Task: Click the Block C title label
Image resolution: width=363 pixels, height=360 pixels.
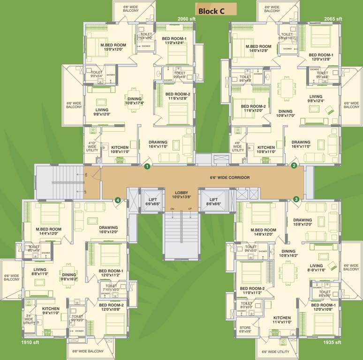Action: [x=215, y=10]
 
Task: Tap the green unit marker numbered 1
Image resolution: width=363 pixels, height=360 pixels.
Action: [x=147, y=166]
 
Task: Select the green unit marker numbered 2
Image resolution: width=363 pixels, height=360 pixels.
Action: [x=294, y=165]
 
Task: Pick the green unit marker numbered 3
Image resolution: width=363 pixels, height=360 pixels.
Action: [x=296, y=199]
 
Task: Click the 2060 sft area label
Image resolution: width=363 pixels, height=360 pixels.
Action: [x=186, y=19]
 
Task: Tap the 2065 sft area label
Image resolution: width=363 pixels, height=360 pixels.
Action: [x=333, y=19]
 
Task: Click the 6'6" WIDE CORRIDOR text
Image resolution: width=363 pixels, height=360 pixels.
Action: [x=229, y=178]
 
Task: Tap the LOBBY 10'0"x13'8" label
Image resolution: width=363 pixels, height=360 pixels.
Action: [x=181, y=195]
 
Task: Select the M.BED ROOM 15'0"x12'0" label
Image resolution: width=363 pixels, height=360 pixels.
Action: [x=113, y=47]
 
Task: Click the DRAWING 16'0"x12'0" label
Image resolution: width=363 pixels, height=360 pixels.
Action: [x=108, y=229]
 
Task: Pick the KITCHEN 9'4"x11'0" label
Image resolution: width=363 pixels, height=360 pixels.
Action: [x=51, y=311]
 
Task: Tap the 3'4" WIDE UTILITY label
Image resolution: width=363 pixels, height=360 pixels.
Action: [x=29, y=319]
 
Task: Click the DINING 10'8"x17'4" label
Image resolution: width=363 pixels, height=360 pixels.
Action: [x=135, y=101]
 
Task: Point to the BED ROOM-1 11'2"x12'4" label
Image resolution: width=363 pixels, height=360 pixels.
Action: [x=174, y=40]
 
